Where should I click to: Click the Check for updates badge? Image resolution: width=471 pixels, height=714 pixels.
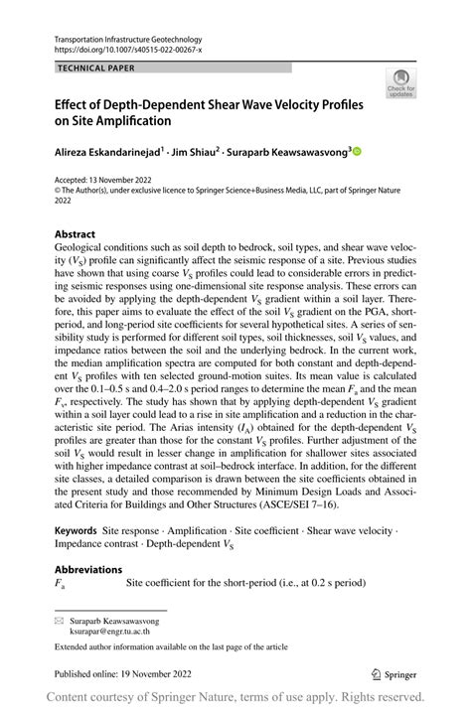pyautogui.click(x=401, y=83)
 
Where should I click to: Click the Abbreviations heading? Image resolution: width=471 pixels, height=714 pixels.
pyautogui.click(x=88, y=569)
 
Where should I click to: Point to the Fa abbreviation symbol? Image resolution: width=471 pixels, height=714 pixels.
pyautogui.click(x=60, y=584)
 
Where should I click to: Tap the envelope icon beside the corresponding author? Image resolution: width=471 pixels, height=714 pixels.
pyautogui.click(x=60, y=620)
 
